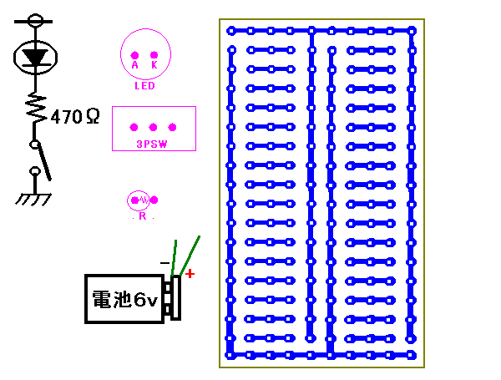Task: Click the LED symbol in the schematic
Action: point(34,57)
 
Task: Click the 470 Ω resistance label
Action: point(75,117)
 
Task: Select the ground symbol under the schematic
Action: point(34,200)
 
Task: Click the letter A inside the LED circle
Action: point(134,64)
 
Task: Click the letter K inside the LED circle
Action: point(154,64)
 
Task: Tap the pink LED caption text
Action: point(144,85)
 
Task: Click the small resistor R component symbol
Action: point(143,200)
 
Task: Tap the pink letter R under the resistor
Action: point(143,215)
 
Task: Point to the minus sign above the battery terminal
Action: point(164,263)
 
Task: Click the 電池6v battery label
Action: point(124,299)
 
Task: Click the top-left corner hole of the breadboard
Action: point(231,31)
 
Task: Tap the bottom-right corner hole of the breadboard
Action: point(412,355)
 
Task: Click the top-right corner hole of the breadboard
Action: point(412,31)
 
